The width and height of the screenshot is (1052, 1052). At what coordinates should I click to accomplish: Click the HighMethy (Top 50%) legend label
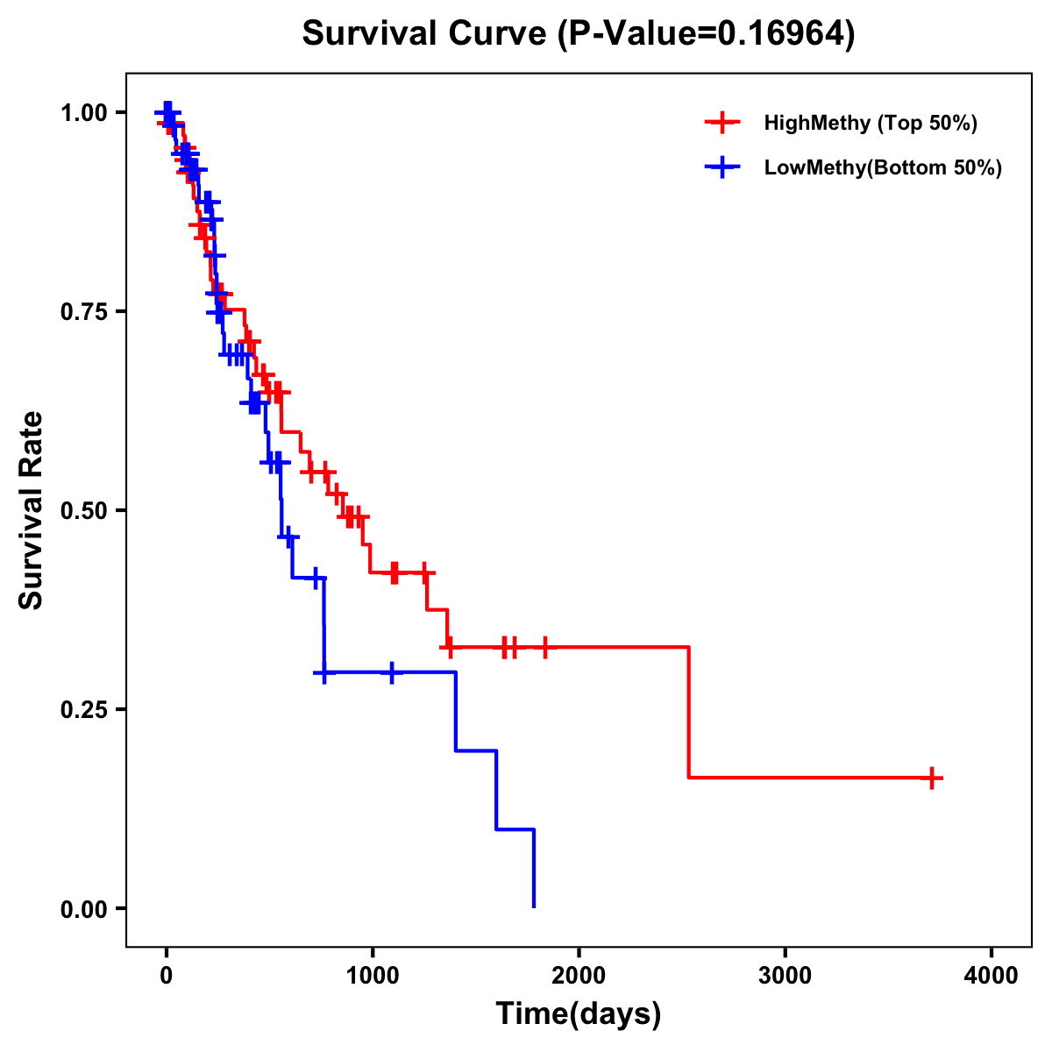click(871, 123)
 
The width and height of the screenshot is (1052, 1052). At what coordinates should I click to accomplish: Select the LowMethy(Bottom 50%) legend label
click(883, 168)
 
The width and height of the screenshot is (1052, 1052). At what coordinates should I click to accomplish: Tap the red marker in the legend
click(721, 123)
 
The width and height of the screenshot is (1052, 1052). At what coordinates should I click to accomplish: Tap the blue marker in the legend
click(721, 167)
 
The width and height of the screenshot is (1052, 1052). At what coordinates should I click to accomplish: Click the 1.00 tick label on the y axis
click(83, 113)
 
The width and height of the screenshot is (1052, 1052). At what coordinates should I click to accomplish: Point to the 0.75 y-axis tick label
click(83, 312)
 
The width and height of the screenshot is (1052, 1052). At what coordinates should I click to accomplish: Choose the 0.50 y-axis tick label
click(83, 511)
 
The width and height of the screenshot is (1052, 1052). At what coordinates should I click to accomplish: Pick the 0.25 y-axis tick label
click(83, 710)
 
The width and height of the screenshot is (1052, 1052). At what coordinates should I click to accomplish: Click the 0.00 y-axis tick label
click(83, 909)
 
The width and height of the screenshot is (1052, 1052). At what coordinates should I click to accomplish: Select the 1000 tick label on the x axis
click(373, 975)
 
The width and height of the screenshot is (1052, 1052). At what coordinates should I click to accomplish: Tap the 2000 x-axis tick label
click(579, 975)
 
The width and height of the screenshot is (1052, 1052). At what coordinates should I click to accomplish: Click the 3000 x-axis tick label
click(785, 975)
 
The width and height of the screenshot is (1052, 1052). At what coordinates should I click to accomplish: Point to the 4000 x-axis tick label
click(992, 975)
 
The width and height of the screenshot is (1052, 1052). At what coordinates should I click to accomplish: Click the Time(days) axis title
click(579, 1014)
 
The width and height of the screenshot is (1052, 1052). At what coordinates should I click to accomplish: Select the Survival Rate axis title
click(32, 510)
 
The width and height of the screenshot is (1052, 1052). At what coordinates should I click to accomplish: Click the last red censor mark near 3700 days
click(932, 778)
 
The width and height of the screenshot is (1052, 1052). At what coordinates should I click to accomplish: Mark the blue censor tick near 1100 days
click(391, 672)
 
